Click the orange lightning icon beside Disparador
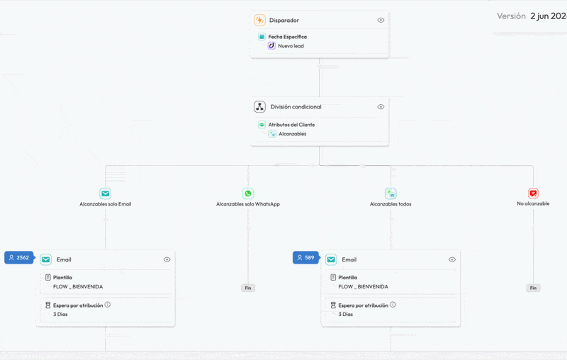259,21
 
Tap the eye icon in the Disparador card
381,21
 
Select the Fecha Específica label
288,37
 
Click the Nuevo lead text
291,46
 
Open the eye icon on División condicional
381,107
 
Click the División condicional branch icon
259,107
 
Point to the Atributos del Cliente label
291,125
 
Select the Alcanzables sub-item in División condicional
293,134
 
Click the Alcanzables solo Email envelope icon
105,193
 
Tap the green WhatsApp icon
248,193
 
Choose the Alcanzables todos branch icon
391,193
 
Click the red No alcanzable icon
533,193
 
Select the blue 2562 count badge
20,258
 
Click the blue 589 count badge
306,258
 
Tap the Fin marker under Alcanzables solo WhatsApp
248,288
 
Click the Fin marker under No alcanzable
533,288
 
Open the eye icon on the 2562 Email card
167,259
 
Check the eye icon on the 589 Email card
452,259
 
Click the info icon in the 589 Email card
393,305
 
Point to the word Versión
511,16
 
